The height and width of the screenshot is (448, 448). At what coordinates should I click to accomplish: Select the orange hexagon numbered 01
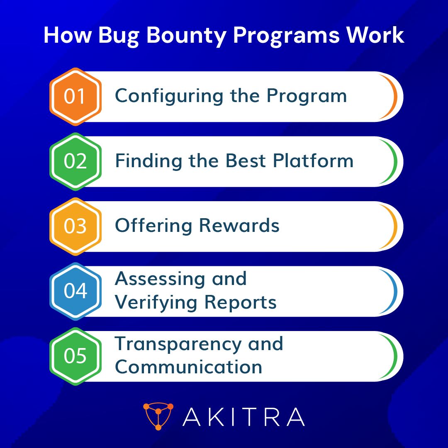click(x=75, y=97)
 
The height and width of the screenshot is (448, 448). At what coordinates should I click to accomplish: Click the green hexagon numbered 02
click(x=75, y=161)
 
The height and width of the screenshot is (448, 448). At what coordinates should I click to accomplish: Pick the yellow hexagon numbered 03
click(x=75, y=226)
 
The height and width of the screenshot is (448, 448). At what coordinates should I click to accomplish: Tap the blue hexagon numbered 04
click(x=75, y=291)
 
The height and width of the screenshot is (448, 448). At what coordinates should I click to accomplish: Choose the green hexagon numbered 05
click(x=75, y=356)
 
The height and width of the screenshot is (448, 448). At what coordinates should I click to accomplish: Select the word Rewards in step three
click(x=239, y=226)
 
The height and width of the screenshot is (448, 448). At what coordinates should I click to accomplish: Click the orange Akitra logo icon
click(x=158, y=416)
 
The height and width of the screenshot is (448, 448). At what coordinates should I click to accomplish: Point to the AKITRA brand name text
click(x=244, y=417)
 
